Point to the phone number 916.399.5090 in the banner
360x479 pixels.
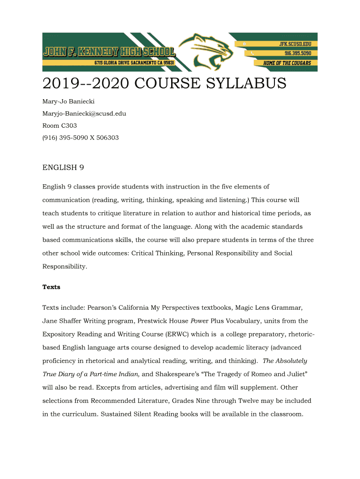295,53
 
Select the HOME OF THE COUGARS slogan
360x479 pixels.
287,63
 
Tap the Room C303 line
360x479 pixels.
60,125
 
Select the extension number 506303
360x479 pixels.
106,138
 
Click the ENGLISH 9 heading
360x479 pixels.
63,167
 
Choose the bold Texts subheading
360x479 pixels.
51,287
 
